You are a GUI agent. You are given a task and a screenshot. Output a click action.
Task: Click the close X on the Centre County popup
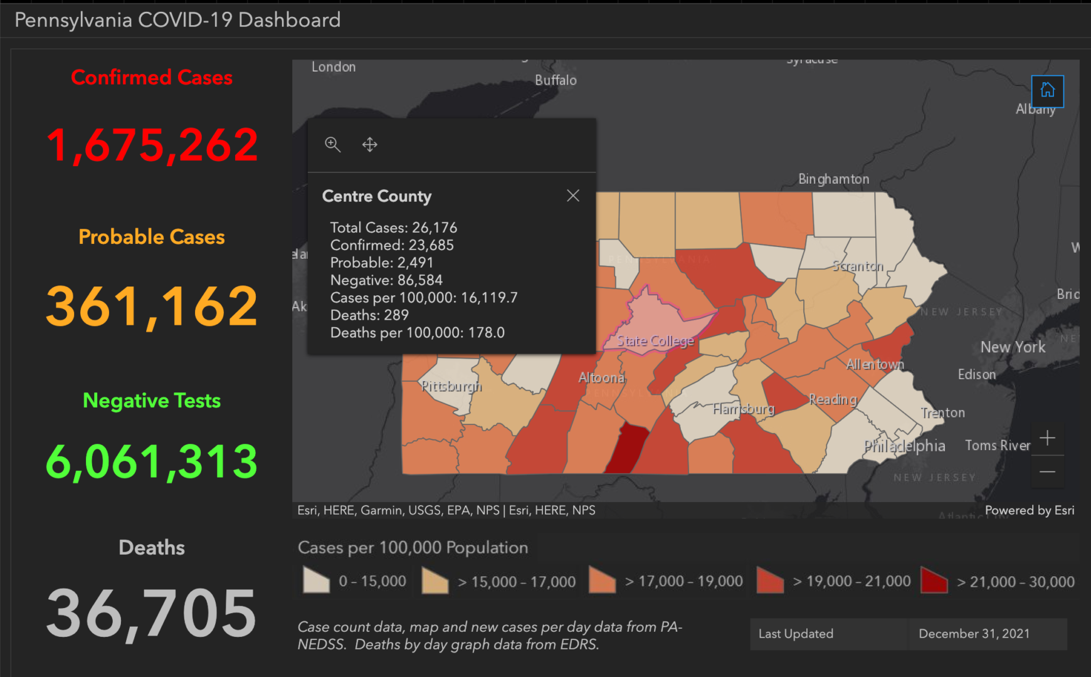point(572,196)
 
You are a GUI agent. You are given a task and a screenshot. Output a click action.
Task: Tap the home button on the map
point(1047,90)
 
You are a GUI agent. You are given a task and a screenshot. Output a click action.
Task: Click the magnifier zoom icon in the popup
point(332,145)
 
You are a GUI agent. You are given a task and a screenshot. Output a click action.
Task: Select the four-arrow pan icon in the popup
point(370,145)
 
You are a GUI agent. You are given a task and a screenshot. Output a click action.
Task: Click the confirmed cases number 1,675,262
point(152,145)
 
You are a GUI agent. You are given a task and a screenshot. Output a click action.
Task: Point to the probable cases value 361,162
point(152,307)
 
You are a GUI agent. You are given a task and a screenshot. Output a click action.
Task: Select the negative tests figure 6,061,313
point(152,461)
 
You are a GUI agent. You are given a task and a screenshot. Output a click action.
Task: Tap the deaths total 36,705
point(152,613)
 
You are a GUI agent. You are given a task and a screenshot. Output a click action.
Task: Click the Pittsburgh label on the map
point(451,386)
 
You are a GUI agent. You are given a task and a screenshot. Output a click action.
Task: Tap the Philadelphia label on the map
point(904,446)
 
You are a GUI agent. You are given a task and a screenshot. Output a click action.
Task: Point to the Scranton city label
point(858,266)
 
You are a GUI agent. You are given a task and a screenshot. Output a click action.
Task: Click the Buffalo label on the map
point(556,80)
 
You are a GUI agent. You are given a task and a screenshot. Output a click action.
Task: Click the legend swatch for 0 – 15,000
point(316,580)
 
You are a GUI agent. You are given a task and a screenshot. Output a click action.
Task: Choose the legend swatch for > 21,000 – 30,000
point(934,580)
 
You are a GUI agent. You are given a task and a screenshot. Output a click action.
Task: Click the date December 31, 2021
point(974,634)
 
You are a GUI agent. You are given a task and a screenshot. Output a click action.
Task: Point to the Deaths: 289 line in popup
point(369,315)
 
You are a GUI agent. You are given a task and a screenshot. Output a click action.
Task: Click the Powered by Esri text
point(1029,510)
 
